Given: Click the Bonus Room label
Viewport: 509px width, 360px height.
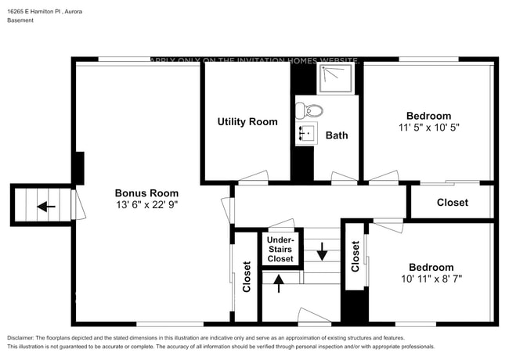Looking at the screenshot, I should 146,193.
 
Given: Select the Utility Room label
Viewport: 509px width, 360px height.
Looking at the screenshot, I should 247,122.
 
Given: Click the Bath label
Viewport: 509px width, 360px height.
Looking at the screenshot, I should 337,135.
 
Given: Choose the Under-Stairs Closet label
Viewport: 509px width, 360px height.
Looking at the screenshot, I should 280,249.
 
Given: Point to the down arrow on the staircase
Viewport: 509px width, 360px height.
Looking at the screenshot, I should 322,253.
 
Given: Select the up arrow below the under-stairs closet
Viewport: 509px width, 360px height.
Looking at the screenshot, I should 280,283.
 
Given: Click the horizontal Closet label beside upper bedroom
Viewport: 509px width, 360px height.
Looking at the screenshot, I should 452,203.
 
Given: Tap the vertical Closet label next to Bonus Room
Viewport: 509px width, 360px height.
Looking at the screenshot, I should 247,276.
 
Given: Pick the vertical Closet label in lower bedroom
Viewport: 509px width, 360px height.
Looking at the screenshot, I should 355,255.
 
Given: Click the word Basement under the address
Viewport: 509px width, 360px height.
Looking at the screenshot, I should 20,20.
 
